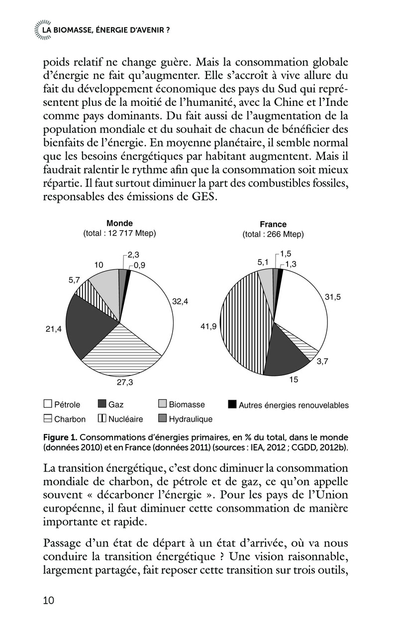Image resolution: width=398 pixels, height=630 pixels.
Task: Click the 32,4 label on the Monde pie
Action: coord(181,301)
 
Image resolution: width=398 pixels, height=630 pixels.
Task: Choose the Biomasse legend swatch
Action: coord(162,404)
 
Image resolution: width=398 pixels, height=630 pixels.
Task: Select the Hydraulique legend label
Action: coord(191,419)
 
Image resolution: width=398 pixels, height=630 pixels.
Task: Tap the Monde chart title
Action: coord(119,223)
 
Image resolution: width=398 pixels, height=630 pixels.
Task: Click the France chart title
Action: coord(273,224)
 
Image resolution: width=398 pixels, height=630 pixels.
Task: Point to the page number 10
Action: coord(49,600)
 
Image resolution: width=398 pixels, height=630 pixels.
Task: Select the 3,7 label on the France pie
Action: coord(322,361)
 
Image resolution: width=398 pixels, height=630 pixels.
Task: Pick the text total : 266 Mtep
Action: coord(273,234)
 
